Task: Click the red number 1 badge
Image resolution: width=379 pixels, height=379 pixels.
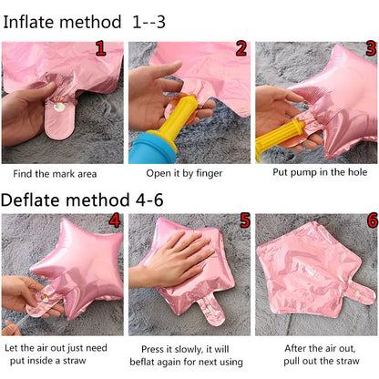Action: click(x=101, y=48)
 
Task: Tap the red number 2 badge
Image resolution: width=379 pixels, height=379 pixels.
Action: click(x=241, y=48)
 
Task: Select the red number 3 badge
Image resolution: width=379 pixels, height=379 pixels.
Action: click(x=371, y=48)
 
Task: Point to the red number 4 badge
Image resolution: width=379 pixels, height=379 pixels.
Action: click(x=115, y=220)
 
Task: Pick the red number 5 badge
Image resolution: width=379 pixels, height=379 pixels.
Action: click(x=245, y=220)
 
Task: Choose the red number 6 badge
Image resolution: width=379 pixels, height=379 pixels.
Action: click(x=373, y=220)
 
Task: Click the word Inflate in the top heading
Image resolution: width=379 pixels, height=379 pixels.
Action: click(x=28, y=22)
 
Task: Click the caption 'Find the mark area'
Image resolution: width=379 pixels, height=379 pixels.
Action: click(x=55, y=174)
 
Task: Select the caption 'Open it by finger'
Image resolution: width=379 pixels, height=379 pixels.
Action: click(x=184, y=173)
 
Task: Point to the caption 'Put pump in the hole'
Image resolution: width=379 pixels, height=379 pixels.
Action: click(x=320, y=172)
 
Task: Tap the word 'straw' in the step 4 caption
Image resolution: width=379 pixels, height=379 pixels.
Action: click(x=75, y=361)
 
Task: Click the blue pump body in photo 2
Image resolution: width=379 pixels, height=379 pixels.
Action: click(x=152, y=148)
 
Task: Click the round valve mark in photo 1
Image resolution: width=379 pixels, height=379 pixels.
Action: click(x=59, y=107)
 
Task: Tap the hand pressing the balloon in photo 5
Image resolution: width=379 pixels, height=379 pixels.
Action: click(x=171, y=258)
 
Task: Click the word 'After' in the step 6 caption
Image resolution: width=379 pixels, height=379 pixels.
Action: click(x=295, y=348)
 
